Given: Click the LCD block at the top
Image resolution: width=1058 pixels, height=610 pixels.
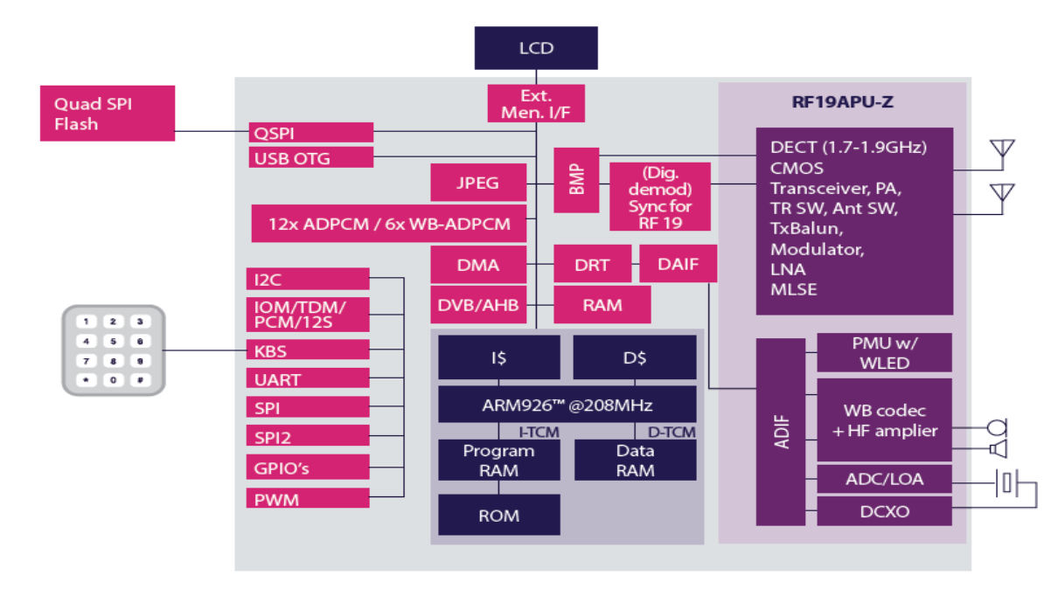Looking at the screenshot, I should (536, 48).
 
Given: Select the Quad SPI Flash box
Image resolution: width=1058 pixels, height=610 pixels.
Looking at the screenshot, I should (108, 114).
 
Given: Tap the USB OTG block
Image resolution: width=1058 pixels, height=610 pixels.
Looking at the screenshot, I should (310, 158).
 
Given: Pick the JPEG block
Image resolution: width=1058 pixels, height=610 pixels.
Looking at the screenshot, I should (478, 183).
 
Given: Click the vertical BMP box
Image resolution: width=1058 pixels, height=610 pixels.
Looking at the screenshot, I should (576, 180).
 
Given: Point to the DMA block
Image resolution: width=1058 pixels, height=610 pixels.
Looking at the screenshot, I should (478, 265).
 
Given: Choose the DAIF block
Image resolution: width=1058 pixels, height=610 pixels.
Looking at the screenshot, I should (678, 264).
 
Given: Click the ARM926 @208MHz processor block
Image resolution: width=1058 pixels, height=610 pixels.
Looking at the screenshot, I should (567, 405).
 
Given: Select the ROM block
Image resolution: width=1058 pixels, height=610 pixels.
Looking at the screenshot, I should (498, 516).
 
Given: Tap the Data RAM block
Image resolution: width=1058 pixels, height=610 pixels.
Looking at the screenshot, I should (635, 460).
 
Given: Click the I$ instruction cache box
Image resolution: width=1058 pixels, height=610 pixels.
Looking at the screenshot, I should (498, 357).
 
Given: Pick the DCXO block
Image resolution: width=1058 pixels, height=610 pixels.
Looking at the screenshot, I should (884, 511).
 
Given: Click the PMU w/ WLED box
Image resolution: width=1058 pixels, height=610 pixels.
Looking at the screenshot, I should (884, 353).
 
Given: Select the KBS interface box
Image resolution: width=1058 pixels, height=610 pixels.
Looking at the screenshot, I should (308, 351).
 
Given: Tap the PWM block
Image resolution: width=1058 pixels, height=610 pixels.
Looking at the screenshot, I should (308, 500).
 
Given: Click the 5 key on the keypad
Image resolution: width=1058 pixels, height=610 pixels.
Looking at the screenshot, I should (113, 341).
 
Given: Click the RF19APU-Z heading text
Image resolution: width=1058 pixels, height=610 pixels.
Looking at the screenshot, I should (843, 103).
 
